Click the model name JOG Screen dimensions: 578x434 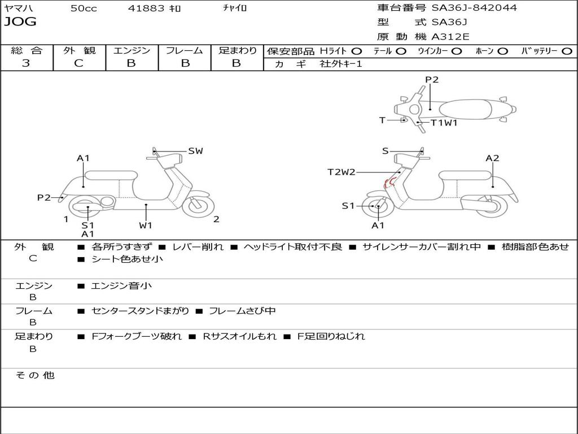coord(20,22)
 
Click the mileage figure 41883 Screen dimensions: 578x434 coord(146,8)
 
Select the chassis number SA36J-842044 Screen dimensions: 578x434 coord(474,8)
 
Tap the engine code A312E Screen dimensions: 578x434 coord(450,37)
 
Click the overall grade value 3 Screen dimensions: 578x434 coord(26,63)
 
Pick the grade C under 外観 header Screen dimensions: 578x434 coord(78,63)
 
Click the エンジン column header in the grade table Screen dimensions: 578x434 coord(132,50)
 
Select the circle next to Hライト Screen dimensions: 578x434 coord(357,51)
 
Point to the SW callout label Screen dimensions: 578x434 coord(195,151)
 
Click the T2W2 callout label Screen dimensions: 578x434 coord(341,172)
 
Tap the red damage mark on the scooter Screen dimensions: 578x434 coord(388,182)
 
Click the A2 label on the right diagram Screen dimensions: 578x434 coord(492,158)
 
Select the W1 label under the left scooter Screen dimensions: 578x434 coord(146,225)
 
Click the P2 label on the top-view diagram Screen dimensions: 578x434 coord(432,80)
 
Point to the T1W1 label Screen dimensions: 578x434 coord(444,122)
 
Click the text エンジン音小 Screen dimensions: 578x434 coord(121,286)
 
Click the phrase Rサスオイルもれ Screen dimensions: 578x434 coord(240,336)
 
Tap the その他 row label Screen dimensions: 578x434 coord(34,375)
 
